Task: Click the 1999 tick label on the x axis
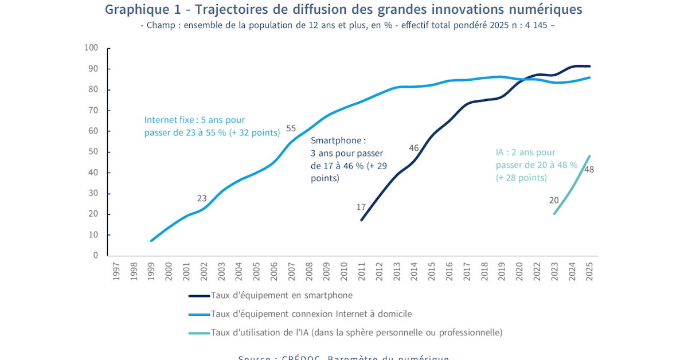point(151,271)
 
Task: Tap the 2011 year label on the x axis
point(362,271)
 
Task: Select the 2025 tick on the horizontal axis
point(589,271)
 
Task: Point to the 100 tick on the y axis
point(91,48)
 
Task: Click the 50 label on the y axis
point(93,152)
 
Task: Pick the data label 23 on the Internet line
point(202,198)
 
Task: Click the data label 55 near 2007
point(291,128)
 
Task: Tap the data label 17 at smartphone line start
point(361,207)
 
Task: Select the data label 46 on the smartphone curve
point(414,148)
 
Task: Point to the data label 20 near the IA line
point(554,200)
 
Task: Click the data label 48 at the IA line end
point(589,169)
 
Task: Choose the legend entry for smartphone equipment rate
point(282,295)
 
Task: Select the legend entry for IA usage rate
point(356,332)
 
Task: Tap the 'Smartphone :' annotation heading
point(338,140)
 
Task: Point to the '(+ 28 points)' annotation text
point(521,178)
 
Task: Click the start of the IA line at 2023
point(554,214)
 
